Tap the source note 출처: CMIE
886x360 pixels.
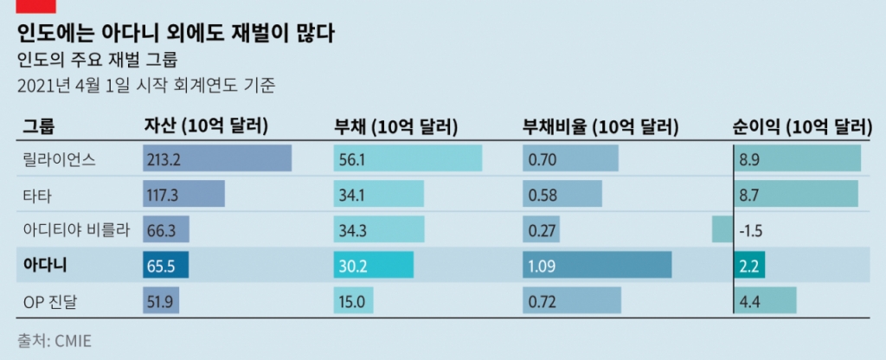click(54, 340)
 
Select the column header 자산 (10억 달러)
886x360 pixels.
click(205, 126)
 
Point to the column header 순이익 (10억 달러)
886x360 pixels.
click(799, 126)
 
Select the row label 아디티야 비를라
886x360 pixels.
click(75, 229)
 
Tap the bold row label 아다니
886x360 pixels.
click(45, 265)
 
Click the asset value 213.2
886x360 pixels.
click(164, 159)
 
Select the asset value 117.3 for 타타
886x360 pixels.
click(164, 195)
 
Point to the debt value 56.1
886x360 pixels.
click(352, 159)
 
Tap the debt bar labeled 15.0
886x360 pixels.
click(353, 300)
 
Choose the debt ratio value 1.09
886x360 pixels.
click(543, 265)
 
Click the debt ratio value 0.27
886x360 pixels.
click(543, 229)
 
